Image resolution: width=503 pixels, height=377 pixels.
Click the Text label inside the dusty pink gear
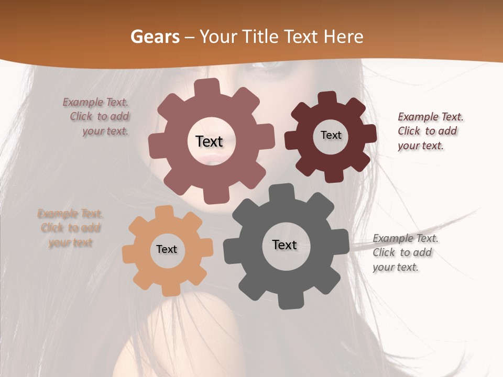point(209,141)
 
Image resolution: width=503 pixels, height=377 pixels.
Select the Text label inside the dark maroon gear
point(331,135)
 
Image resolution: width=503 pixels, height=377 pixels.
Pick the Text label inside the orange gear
point(167,249)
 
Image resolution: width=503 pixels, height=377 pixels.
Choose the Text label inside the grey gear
point(285,245)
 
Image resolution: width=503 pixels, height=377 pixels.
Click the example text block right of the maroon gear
point(430,131)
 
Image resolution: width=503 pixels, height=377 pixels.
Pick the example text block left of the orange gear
point(70,228)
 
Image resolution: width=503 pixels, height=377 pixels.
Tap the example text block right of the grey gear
point(404,252)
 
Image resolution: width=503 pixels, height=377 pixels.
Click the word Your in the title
point(218,37)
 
